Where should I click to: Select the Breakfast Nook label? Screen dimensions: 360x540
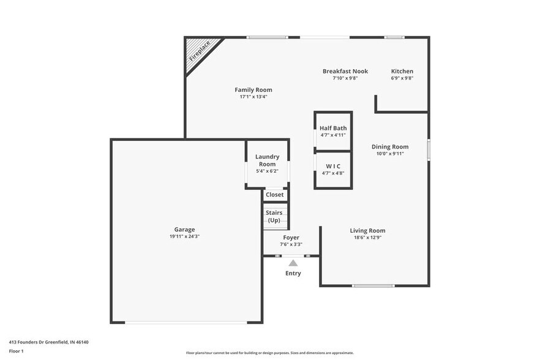point(345,72)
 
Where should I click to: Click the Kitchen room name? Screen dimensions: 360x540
point(402,72)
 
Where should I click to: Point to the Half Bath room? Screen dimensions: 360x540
point(332,130)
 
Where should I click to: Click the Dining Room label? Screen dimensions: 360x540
point(390,147)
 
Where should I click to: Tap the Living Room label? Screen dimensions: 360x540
point(367,231)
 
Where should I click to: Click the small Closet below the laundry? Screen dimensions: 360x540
point(275,195)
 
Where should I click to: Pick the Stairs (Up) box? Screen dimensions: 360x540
point(274,216)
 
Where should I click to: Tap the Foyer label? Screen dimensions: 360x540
point(291,238)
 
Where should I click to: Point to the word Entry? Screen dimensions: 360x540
point(293,273)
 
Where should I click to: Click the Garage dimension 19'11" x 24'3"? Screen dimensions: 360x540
point(184,236)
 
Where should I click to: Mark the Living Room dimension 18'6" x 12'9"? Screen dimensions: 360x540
point(367,238)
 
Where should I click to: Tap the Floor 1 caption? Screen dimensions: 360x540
point(16,351)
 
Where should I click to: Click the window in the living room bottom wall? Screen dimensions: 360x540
point(373,286)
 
